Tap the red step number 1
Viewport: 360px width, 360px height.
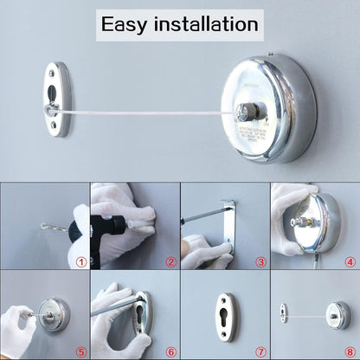(80, 260)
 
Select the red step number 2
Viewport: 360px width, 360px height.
(170, 260)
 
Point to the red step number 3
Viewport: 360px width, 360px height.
(260, 260)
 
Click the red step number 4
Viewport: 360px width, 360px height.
(350, 260)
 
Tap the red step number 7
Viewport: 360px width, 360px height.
(260, 350)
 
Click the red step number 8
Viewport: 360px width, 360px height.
(350, 350)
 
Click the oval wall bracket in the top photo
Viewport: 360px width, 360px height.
(56, 100)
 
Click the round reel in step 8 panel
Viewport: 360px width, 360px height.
(337, 313)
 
